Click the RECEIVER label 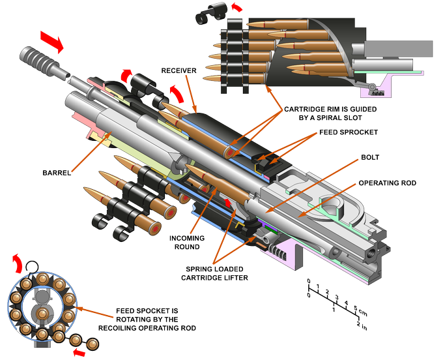175,70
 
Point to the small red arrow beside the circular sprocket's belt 80,353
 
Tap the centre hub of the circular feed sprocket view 40,307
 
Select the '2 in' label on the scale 362,324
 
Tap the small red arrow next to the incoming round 229,205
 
